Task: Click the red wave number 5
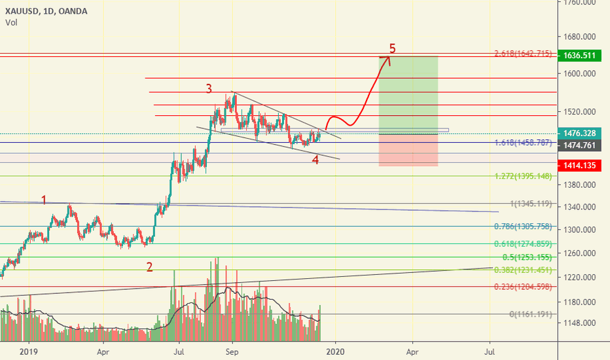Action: (x=393, y=48)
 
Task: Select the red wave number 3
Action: (x=209, y=88)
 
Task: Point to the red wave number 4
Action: (x=315, y=160)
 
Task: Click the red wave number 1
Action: (x=45, y=199)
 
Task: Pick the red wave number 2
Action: (x=149, y=266)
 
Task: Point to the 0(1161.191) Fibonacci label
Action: (x=531, y=314)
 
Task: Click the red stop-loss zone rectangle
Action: (x=408, y=150)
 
